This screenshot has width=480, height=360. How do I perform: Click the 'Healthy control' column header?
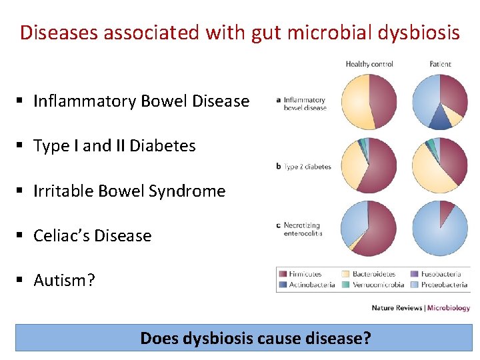[369, 64]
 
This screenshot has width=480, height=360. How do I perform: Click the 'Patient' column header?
[440, 64]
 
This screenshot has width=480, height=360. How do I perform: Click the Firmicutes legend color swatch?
[283, 274]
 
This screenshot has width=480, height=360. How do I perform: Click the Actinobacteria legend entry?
[311, 285]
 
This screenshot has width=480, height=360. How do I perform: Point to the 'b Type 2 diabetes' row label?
[303, 167]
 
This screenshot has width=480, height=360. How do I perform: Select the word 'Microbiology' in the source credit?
[449, 308]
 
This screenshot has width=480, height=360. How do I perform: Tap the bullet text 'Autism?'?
[64, 281]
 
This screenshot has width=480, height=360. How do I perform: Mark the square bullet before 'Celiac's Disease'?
[21, 235]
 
